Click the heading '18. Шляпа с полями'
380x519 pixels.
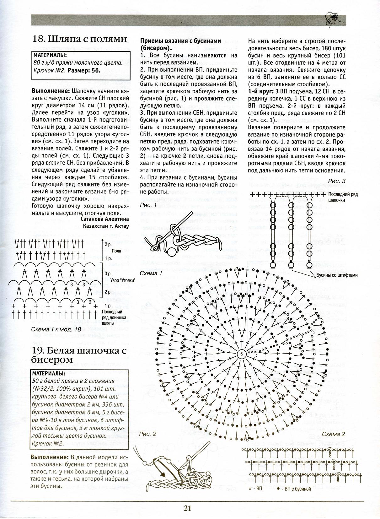coord(80,39)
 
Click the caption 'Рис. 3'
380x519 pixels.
coord(336,181)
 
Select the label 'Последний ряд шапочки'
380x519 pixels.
coord(343,197)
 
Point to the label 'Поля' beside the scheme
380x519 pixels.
coord(116,251)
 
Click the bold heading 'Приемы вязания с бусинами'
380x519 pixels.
coord(180,41)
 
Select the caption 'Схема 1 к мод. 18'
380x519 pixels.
coord(56,330)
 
